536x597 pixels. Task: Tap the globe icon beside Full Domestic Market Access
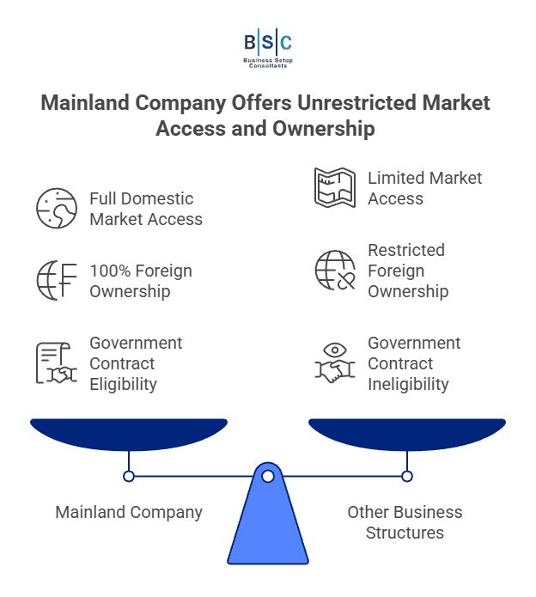coord(57,209)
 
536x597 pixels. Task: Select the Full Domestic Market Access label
coord(146,209)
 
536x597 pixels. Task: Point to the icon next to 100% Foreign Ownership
coord(57,281)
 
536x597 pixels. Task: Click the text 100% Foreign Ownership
coord(141,281)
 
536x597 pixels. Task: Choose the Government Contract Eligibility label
coord(136,363)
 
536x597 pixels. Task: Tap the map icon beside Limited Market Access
coord(335,188)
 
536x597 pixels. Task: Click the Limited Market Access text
coord(424,188)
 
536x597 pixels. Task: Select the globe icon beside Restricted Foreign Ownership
coord(335,271)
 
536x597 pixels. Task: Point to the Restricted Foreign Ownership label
coord(407,271)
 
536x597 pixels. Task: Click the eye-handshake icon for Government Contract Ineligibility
coord(335,363)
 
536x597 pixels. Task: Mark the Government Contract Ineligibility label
coord(414,363)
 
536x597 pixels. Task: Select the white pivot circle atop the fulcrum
coord(268,476)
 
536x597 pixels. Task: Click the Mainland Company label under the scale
coord(129,512)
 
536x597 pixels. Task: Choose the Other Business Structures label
coord(405,522)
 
